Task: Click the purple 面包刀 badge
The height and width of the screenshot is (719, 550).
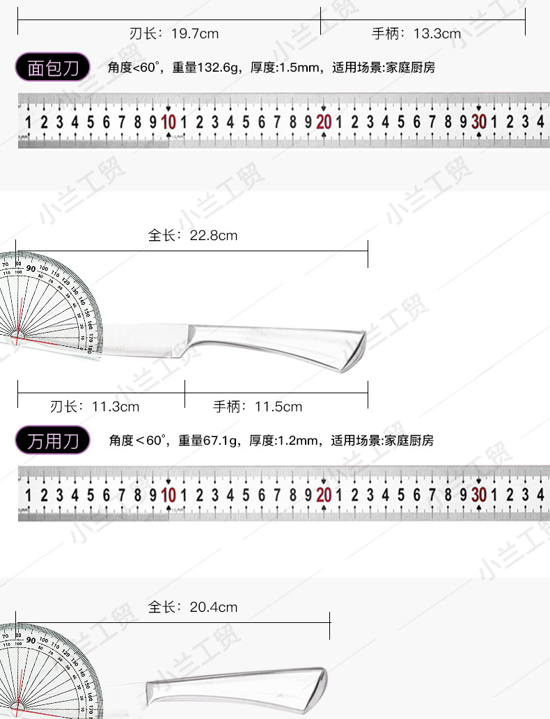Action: point(53,68)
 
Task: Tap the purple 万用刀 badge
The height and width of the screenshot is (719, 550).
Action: point(53,441)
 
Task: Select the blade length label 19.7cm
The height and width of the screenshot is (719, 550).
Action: point(174,33)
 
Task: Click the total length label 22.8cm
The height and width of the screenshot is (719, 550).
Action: point(193,235)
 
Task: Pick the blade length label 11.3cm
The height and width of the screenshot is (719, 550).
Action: point(95,406)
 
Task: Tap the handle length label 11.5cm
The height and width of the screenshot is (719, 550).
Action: point(258,406)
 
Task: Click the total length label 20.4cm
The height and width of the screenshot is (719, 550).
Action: point(193,607)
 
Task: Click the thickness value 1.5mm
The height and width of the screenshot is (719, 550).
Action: point(299,68)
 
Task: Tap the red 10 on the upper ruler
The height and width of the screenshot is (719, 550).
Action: point(168,123)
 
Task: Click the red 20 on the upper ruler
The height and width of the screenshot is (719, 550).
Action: point(324,123)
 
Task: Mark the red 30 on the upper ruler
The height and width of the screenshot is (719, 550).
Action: point(479,123)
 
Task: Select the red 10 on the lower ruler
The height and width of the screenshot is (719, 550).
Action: point(168,496)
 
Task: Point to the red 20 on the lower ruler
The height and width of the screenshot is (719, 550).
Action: point(324,496)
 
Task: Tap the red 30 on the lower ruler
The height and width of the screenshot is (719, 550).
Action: point(479,496)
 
